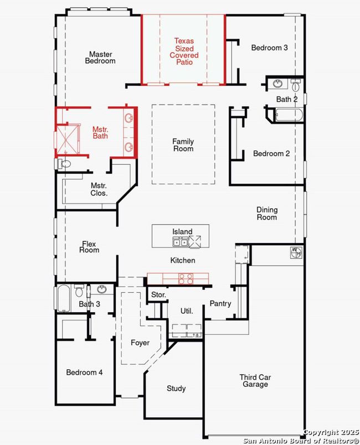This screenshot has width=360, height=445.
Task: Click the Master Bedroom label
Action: tap(100, 58)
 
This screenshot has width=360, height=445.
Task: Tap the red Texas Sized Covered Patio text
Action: tap(184, 51)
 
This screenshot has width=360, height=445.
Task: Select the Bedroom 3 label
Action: tap(269, 48)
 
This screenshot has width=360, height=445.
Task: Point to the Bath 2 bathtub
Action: tap(289, 115)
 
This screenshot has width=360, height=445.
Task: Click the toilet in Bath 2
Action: tap(296, 85)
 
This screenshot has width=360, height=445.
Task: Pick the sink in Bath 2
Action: tap(277, 84)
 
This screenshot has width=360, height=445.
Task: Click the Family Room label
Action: tap(183, 145)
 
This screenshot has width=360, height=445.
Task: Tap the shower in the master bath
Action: tap(67, 139)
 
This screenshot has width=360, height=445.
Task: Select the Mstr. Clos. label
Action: tap(99, 189)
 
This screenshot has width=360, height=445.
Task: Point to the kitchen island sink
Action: tap(180, 242)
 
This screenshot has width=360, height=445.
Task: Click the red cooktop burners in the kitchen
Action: tap(186, 278)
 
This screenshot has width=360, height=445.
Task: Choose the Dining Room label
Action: tap(267, 214)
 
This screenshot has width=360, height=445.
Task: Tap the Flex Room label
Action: tap(89, 247)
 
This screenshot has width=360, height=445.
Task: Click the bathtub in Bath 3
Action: tap(64, 298)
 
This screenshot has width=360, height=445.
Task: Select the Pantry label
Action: tap(220, 304)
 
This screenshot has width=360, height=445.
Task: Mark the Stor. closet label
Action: tap(158, 294)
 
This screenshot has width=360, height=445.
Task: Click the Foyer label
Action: tap(140, 343)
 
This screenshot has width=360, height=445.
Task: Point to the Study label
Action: tap(176, 389)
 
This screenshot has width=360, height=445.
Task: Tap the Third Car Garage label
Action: tap(255, 381)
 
